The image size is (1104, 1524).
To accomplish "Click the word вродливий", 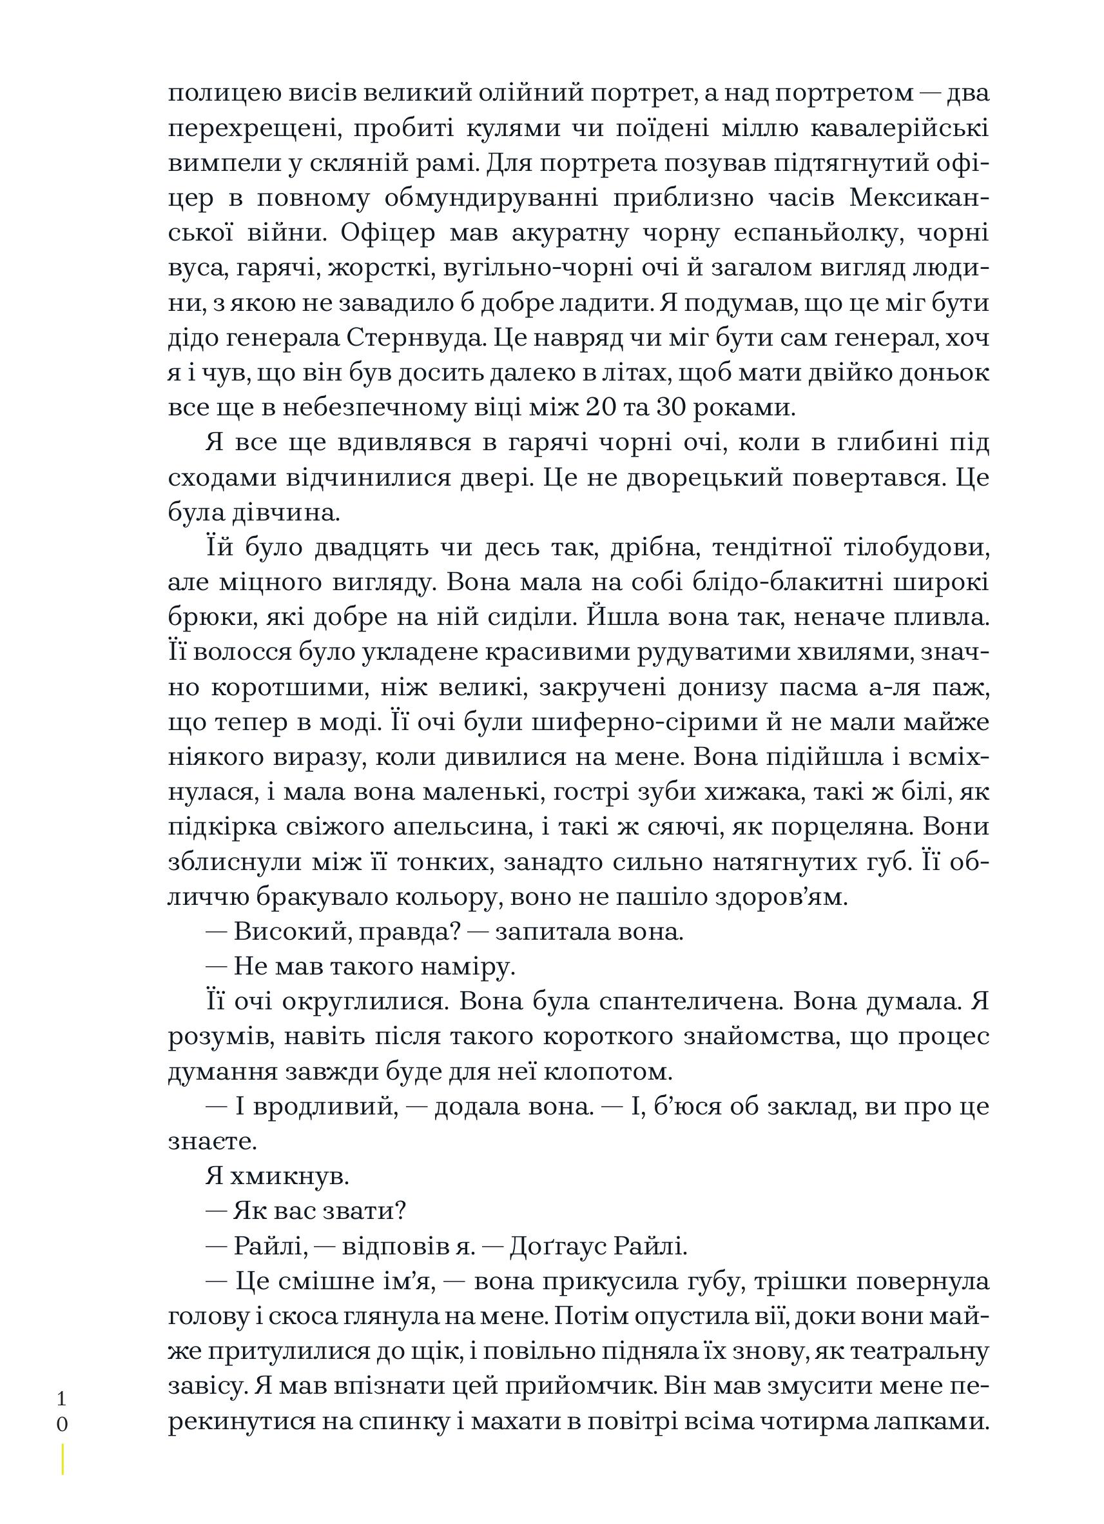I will coord(314,1107).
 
